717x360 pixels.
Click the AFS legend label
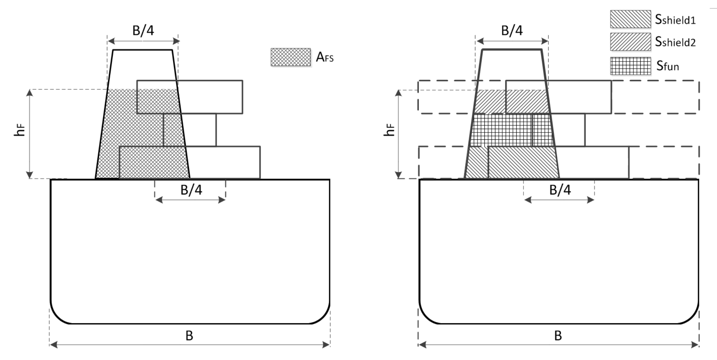click(x=325, y=57)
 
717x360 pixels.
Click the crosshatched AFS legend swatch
click(x=290, y=57)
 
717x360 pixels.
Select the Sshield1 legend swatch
click(x=630, y=19)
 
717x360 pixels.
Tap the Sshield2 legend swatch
click(x=630, y=42)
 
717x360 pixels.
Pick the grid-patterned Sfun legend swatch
click(x=630, y=66)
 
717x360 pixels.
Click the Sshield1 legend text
click(x=675, y=19)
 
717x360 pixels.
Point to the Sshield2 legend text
click(x=675, y=42)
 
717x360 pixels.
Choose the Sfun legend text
click(x=667, y=66)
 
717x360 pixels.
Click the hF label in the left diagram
click(x=20, y=130)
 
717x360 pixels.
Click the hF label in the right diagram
click(x=389, y=130)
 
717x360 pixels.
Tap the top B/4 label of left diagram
click(x=143, y=31)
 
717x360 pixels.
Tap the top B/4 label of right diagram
click(x=512, y=31)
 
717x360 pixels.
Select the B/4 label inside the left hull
click(x=191, y=190)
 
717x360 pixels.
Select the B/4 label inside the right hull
click(x=560, y=190)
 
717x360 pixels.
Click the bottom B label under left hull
click(x=189, y=336)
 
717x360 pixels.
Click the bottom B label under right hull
click(x=558, y=336)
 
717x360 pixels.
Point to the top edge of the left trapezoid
click(x=142, y=50)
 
